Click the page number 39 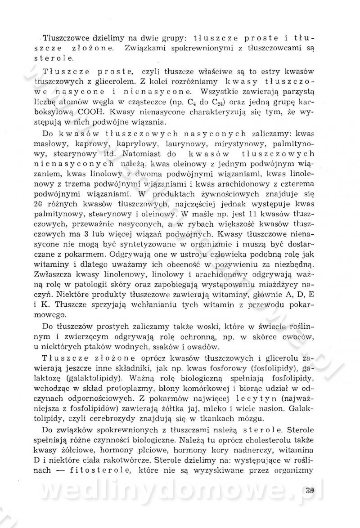tap(308, 490)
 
